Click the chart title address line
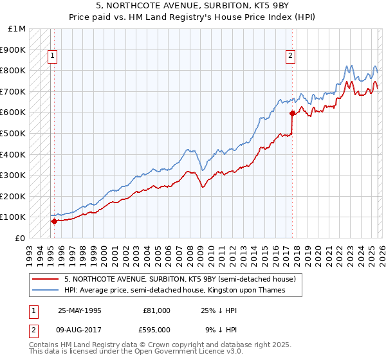point(193,7)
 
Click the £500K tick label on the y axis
point(13,133)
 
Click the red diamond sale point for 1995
point(54,221)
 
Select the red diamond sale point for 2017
point(292,114)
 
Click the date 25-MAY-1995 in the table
point(80,310)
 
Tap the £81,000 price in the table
point(156,310)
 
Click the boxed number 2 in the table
point(33,331)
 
